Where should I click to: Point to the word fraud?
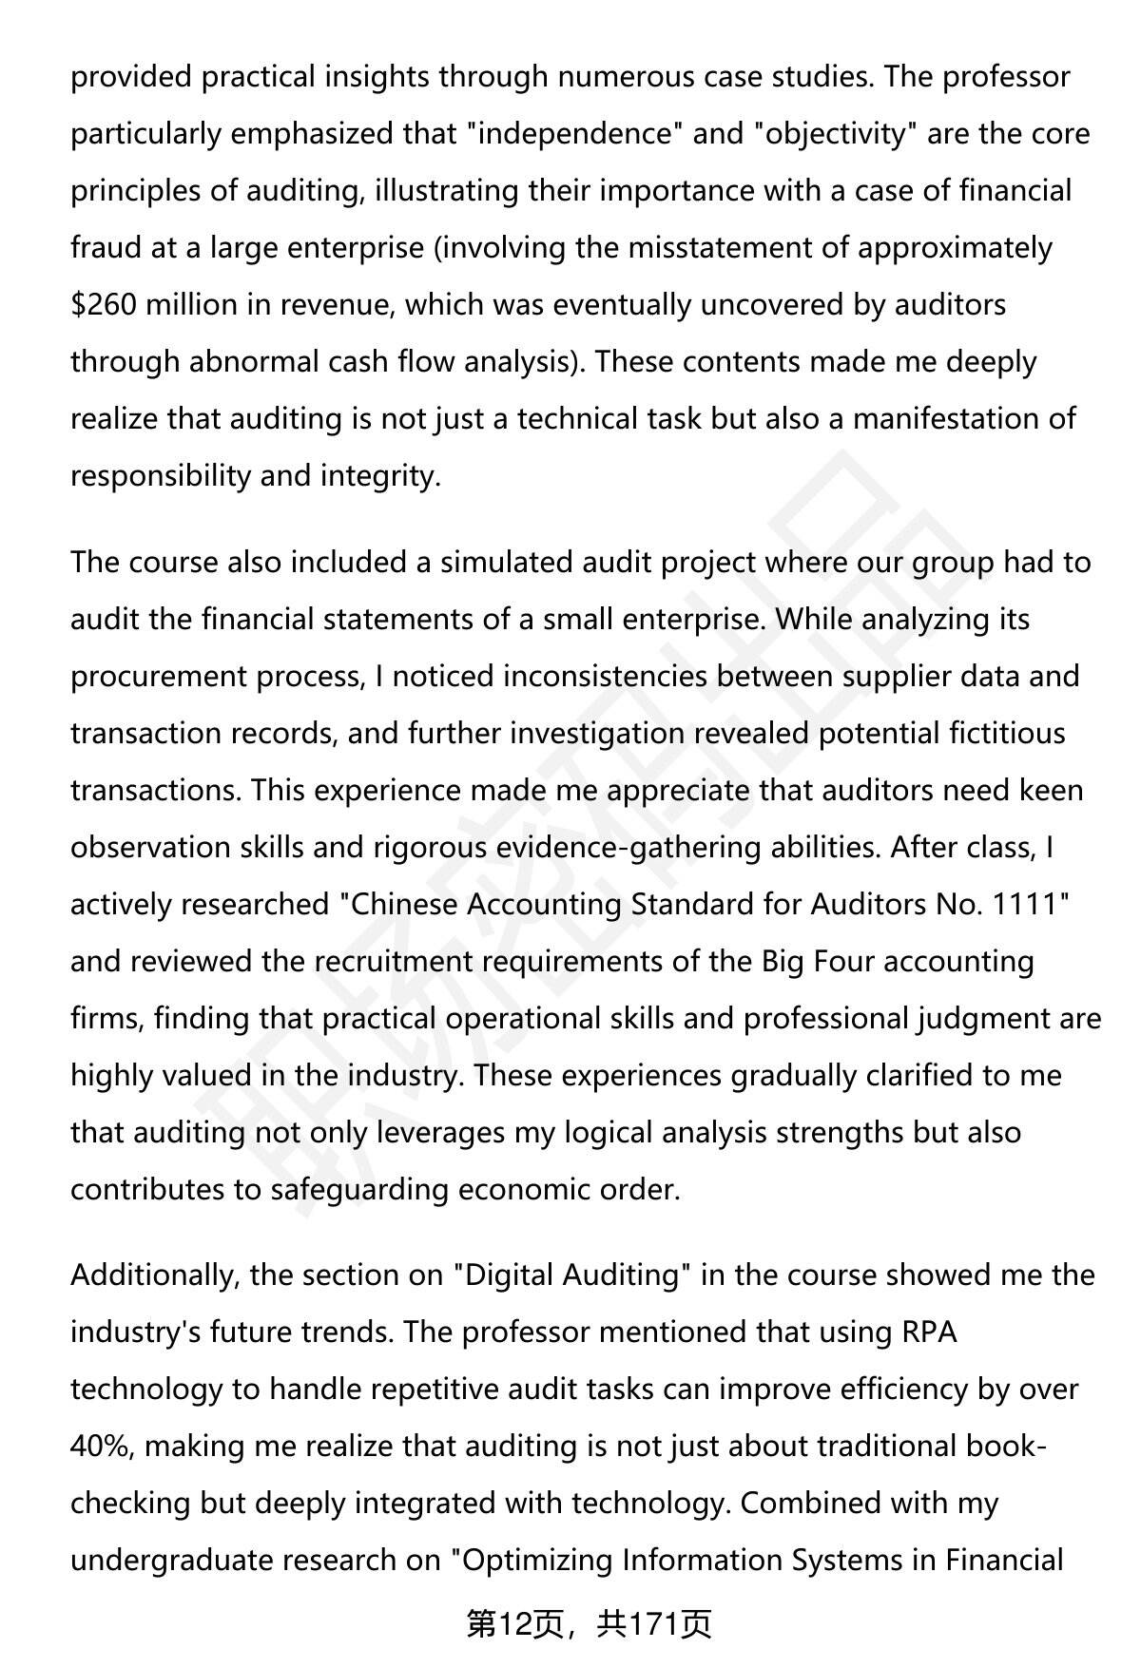pyautogui.click(x=105, y=248)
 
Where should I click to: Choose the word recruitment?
pyautogui.click(x=393, y=962)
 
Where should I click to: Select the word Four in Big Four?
pyautogui.click(x=841, y=962)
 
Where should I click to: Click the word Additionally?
pyautogui.click(x=152, y=1275)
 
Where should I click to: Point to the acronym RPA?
pyautogui.click(x=929, y=1332)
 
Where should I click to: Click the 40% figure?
pyautogui.click(x=102, y=1447)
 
